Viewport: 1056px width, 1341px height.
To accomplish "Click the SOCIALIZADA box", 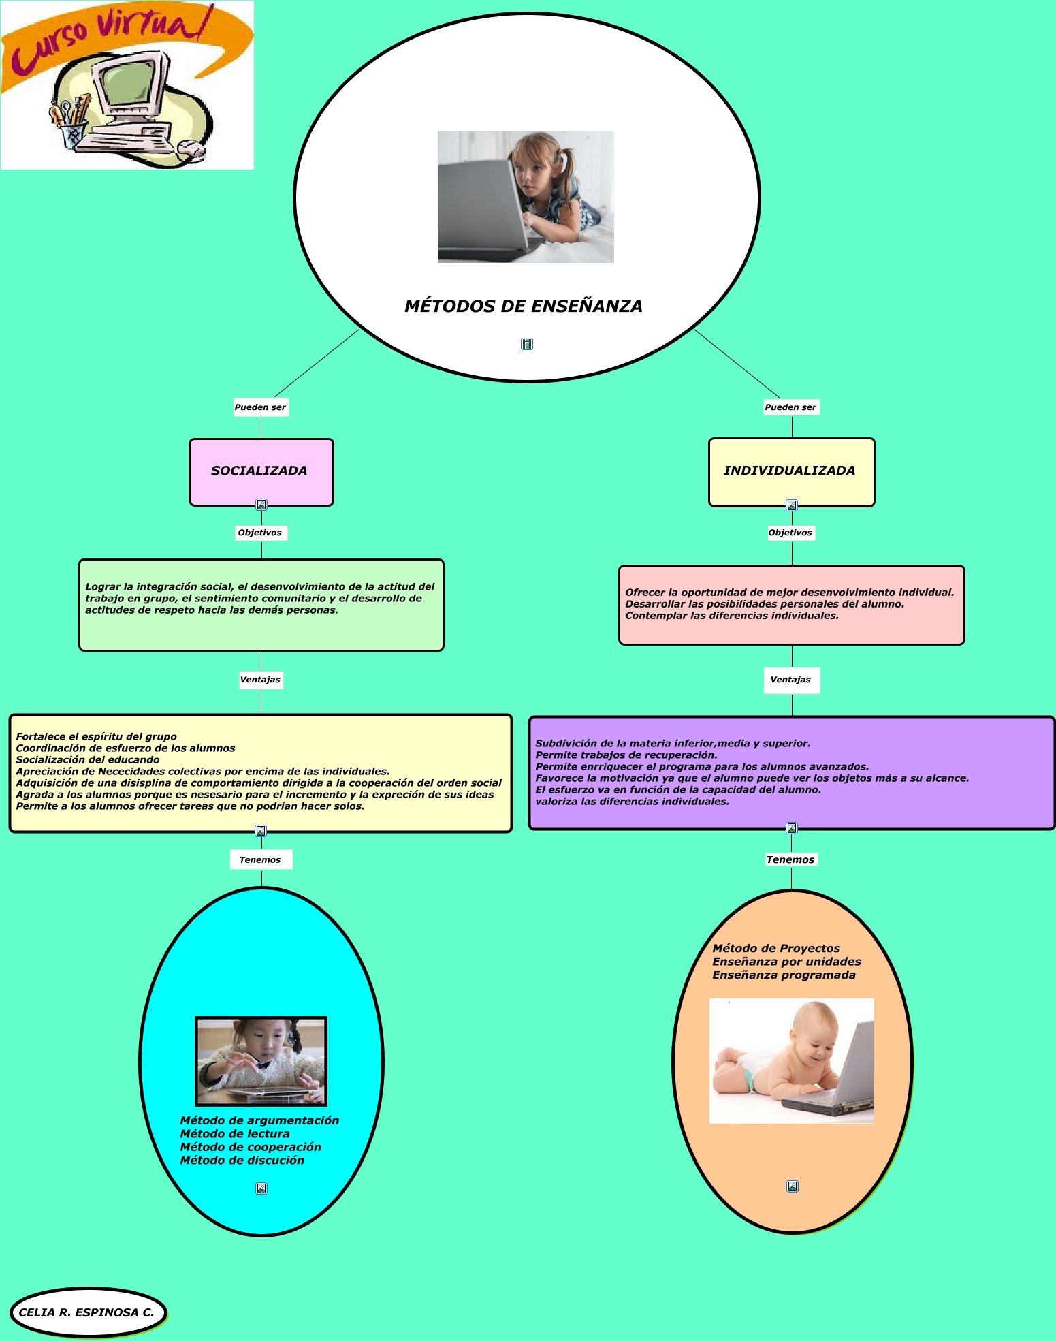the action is [261, 471].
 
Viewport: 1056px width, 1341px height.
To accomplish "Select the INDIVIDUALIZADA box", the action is [790, 471].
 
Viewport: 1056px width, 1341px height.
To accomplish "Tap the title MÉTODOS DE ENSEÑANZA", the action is [523, 306].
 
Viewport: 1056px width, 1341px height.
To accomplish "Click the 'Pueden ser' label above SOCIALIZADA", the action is [261, 407].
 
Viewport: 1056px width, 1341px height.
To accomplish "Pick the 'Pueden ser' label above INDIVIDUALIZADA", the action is [790, 407].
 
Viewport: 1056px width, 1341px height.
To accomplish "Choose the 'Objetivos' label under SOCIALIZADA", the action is [260, 533].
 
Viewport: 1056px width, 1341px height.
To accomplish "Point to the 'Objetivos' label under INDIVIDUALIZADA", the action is [790, 533].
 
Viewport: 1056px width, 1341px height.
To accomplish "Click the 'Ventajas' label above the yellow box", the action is [260, 680].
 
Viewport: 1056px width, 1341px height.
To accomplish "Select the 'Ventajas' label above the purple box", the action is [790, 680].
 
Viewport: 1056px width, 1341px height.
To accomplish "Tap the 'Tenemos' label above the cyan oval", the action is [260, 859].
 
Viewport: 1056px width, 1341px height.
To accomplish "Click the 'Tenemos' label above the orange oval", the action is [790, 859].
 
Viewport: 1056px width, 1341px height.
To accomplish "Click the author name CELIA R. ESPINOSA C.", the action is [86, 1312].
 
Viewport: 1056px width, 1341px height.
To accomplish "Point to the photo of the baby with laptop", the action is [791, 1060].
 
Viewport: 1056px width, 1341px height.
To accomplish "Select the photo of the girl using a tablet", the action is [261, 1060].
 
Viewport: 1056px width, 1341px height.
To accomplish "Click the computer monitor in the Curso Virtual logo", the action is [131, 85].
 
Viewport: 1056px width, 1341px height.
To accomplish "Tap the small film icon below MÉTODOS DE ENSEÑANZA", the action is [527, 344].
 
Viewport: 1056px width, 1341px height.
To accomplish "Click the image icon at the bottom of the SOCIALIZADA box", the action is [261, 505].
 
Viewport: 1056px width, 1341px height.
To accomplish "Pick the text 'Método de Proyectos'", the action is [776, 948].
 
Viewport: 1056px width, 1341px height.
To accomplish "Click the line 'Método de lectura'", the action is [235, 1134].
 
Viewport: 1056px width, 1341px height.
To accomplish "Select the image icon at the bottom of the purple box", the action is [792, 828].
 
